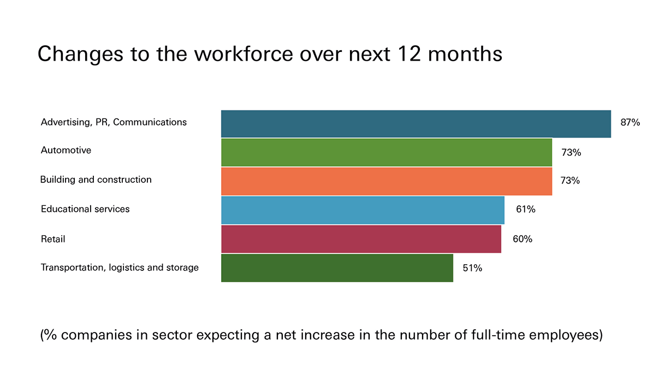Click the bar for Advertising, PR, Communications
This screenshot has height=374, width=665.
tap(415, 123)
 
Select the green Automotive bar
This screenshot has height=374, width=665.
tap(386, 152)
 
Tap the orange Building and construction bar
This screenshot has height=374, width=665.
tap(386, 181)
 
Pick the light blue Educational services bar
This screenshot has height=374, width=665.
tap(363, 210)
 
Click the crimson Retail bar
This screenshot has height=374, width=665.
tap(361, 239)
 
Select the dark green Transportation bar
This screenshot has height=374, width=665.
tap(337, 268)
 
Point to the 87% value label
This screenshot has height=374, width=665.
tap(630, 123)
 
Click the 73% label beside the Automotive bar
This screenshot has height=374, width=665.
tap(571, 153)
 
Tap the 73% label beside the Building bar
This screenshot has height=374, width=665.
tap(570, 180)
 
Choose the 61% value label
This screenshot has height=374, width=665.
tap(525, 209)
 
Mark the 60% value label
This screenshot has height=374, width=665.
tap(522, 239)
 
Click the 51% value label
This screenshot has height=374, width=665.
tap(472, 268)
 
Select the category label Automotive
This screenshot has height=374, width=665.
tap(66, 150)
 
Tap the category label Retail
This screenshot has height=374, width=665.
tap(53, 239)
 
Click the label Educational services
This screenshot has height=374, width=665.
tap(85, 209)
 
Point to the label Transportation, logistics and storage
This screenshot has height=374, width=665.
tap(120, 268)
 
